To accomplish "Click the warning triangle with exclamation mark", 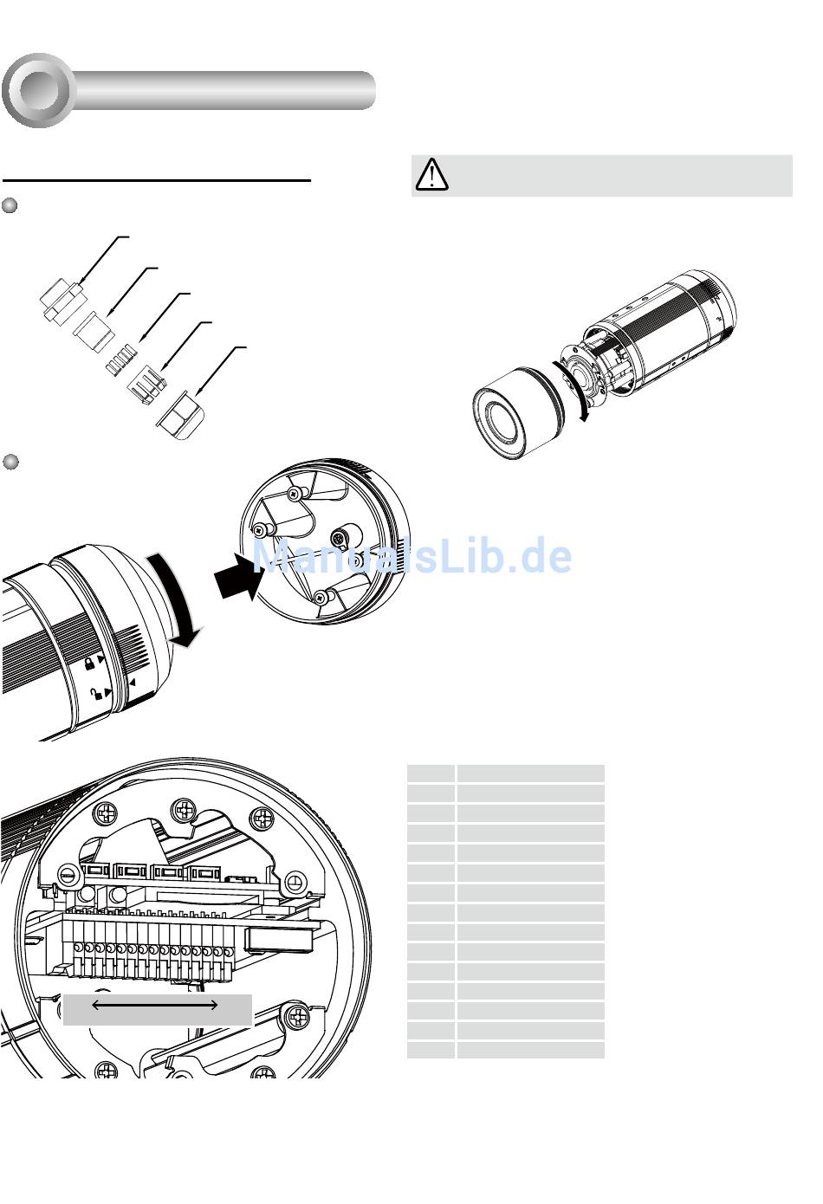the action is (x=431, y=174).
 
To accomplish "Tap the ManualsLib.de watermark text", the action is (x=411, y=556).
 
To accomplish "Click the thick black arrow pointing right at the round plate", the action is (x=239, y=577).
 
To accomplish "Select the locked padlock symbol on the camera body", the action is (x=90, y=663).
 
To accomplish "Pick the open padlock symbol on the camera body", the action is (x=96, y=695).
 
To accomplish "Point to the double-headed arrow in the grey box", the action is (x=155, y=1005).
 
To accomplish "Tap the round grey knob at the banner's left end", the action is (x=39, y=90).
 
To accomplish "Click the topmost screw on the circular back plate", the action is (x=294, y=494).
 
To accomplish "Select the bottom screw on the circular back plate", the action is (x=320, y=596).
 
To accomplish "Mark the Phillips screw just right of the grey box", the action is (x=296, y=1016).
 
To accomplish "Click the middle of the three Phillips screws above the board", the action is (x=182, y=810).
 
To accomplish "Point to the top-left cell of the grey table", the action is (x=431, y=774).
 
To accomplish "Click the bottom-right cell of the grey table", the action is (x=530, y=1050).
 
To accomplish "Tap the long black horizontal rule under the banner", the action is (x=157, y=180).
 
